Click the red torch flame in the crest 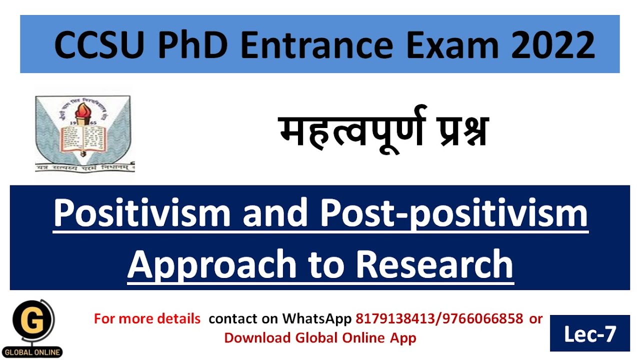point(82,107)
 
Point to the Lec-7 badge point(589,333)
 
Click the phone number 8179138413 point(396,318)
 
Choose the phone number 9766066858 point(482,318)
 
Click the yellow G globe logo point(34,324)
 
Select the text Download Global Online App point(320,337)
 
